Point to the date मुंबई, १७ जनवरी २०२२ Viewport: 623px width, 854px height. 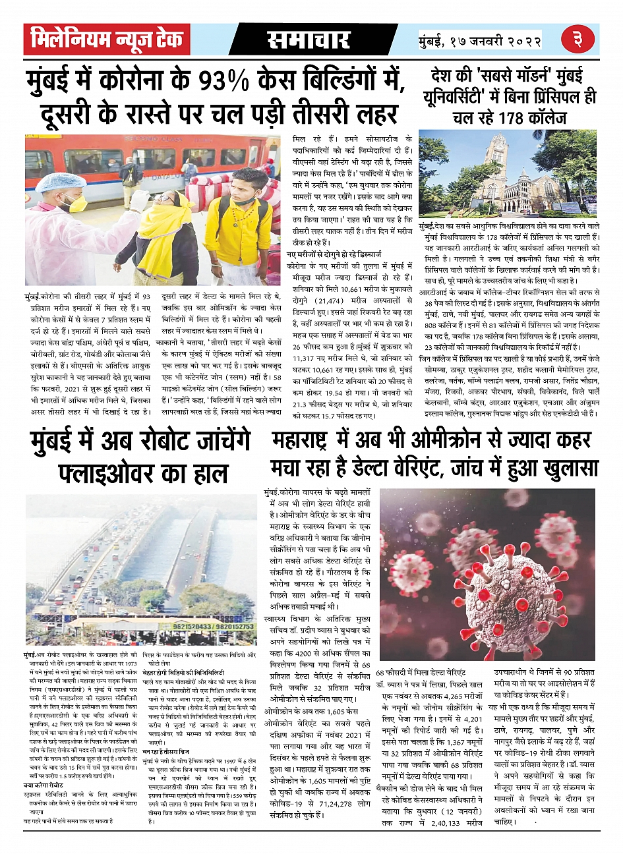(x=481, y=41)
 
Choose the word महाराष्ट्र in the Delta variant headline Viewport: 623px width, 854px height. (x=307, y=440)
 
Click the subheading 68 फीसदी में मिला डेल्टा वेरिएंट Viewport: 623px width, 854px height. (x=420, y=671)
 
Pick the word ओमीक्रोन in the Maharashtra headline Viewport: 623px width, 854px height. (x=452, y=440)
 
